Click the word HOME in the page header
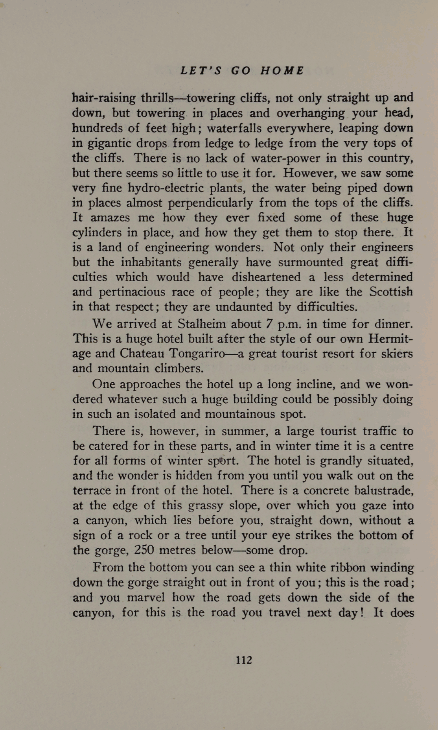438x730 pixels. click(x=282, y=71)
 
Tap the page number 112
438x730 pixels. click(x=244, y=660)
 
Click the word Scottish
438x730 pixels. click(x=391, y=292)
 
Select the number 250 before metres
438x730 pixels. click(x=146, y=550)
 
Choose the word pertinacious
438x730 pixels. click(x=133, y=292)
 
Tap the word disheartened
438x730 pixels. click(x=266, y=277)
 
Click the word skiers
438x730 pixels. click(x=397, y=354)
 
